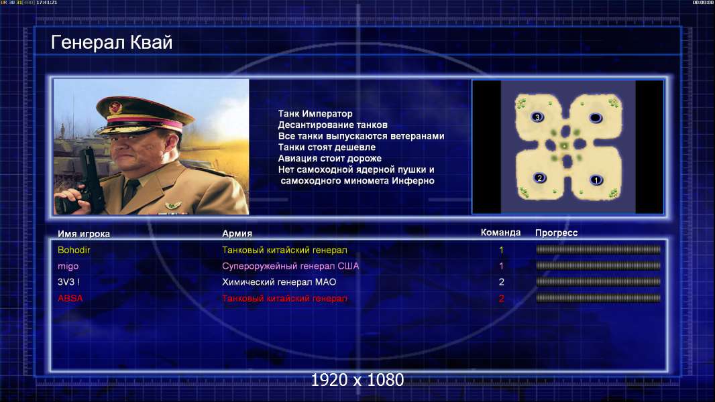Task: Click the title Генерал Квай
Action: pyautogui.click(x=112, y=42)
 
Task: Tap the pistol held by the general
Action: pyautogui.click(x=89, y=180)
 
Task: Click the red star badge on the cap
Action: pyautogui.click(x=115, y=107)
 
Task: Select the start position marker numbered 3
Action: pyautogui.click(x=537, y=117)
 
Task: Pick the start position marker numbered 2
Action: pyautogui.click(x=539, y=178)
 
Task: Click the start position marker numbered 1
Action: pyautogui.click(x=596, y=180)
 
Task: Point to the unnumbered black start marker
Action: pyautogui.click(x=595, y=118)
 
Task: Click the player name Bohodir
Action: pyautogui.click(x=74, y=250)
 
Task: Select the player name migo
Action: pyautogui.click(x=68, y=267)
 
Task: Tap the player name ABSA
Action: pyautogui.click(x=70, y=298)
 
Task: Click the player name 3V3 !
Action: pyautogui.click(x=68, y=282)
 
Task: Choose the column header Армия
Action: pyautogui.click(x=237, y=234)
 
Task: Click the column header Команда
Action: pyautogui.click(x=500, y=232)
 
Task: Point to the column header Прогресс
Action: pyautogui.click(x=556, y=233)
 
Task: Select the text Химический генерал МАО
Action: pyautogui.click(x=279, y=282)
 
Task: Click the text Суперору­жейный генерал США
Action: pyautogui.click(x=290, y=267)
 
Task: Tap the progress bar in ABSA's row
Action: pyautogui.click(x=598, y=298)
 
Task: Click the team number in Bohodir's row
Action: pyautogui.click(x=501, y=250)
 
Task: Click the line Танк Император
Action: pyautogui.click(x=315, y=114)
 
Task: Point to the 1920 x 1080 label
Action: pyautogui.click(x=357, y=380)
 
